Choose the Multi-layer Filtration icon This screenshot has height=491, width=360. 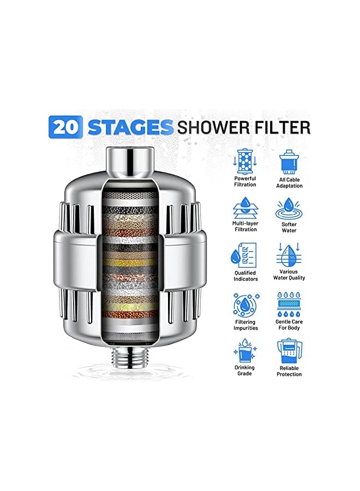[245, 209]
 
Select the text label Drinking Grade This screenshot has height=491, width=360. [245, 371]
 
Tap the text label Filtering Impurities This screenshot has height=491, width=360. [245, 325]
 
